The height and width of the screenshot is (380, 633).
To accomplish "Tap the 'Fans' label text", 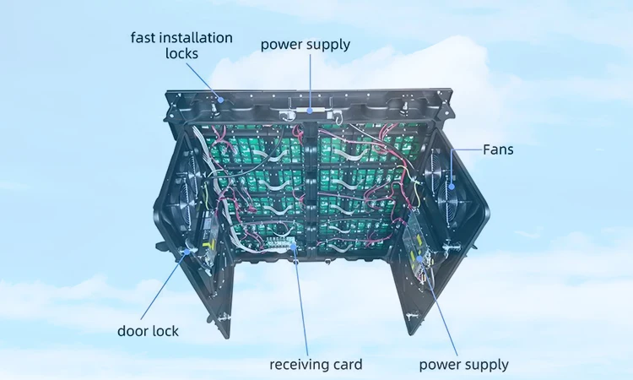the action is [498, 150].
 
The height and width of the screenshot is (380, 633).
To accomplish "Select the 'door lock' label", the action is [148, 331].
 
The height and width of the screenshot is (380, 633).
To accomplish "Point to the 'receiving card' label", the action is [316, 365].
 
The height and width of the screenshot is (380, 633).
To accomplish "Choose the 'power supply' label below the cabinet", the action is [463, 365].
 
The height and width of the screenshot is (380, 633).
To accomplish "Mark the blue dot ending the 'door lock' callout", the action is [185, 252].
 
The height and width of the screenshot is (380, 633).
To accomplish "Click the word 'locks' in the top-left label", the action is [181, 53].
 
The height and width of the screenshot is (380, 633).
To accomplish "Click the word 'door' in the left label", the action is [132, 331].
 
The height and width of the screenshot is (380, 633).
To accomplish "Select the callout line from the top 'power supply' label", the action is [310, 80].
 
